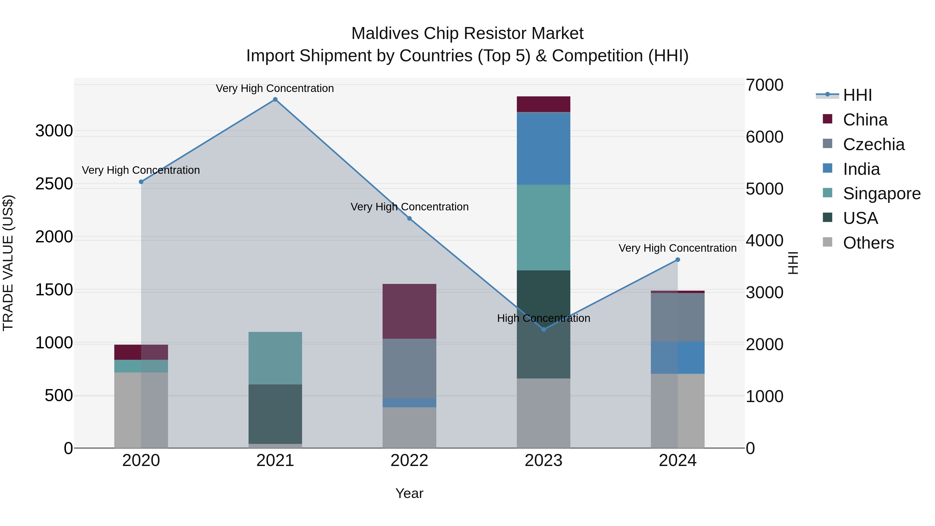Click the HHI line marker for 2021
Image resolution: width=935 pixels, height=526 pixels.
(x=275, y=99)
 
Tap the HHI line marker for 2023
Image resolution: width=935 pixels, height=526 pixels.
(x=543, y=329)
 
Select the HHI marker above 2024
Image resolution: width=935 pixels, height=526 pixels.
(x=677, y=259)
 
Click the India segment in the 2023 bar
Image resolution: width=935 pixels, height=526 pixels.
(x=543, y=149)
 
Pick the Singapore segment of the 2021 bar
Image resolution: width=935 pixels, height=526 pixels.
(x=275, y=358)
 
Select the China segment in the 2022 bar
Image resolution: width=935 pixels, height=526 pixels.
(x=409, y=311)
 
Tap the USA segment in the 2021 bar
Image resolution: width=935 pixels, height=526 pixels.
(x=275, y=414)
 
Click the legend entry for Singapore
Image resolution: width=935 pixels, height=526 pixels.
(x=881, y=194)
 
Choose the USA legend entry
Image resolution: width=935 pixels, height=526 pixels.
(x=860, y=218)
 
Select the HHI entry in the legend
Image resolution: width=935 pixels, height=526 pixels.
(x=857, y=95)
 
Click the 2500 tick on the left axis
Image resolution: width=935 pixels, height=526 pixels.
(x=54, y=184)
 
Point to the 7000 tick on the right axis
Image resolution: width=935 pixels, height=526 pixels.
(x=764, y=85)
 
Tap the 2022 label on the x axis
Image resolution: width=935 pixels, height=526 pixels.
(x=409, y=461)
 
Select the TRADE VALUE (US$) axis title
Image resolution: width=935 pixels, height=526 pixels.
(x=8, y=263)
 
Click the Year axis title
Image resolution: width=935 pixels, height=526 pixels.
(x=409, y=493)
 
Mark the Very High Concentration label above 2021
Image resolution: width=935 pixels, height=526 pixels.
(x=275, y=88)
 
